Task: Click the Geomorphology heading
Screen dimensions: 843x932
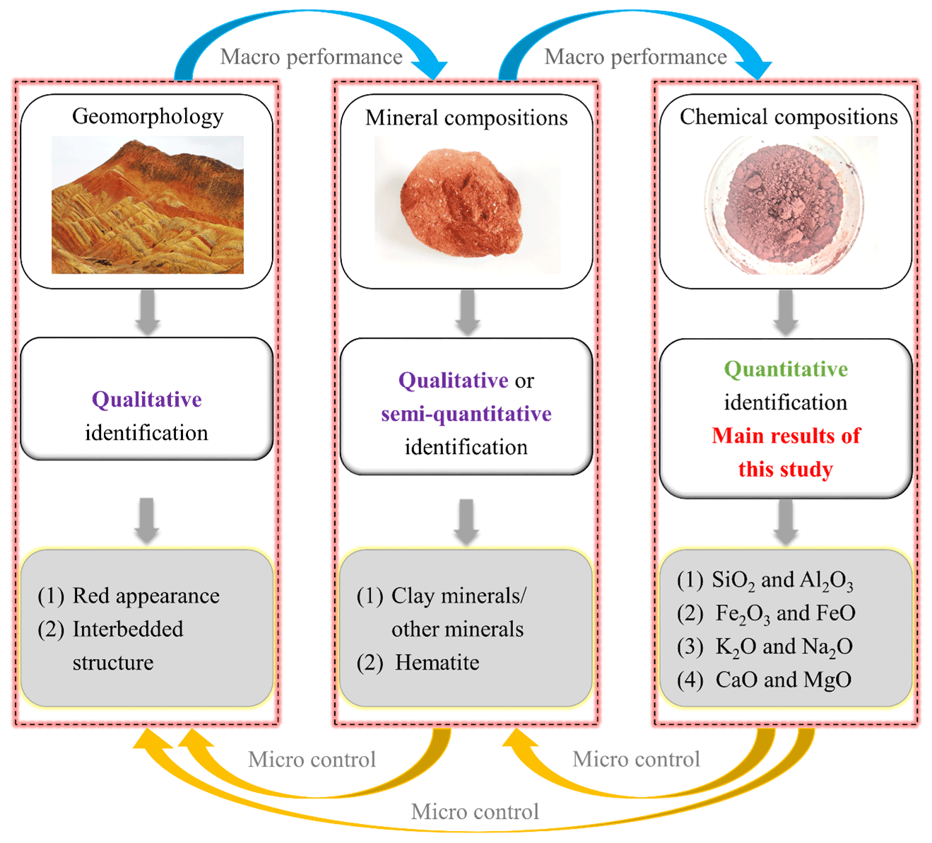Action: pos(148,116)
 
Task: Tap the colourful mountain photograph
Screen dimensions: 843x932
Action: pos(148,205)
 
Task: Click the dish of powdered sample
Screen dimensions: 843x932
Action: pos(784,204)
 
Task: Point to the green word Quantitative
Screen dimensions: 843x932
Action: pos(786,369)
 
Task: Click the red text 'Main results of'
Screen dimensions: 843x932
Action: pos(786,436)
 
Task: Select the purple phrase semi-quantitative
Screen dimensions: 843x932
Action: pos(466,414)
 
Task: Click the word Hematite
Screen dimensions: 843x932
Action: pos(437,663)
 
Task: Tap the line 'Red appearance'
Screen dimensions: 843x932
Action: pos(146,596)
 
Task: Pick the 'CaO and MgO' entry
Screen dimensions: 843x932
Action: pos(783,680)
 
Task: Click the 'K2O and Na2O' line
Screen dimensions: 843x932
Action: pos(784,646)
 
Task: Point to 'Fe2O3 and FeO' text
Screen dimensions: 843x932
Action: pos(785,613)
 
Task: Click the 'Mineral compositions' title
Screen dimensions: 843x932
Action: pos(466,117)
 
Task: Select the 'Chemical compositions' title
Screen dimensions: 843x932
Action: pos(789,117)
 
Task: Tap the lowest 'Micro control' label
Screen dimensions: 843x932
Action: pos(475,812)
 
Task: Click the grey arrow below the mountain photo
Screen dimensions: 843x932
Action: pos(147,313)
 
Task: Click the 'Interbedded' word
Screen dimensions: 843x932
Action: pos(128,629)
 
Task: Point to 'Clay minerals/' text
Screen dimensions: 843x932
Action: pos(458,596)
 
